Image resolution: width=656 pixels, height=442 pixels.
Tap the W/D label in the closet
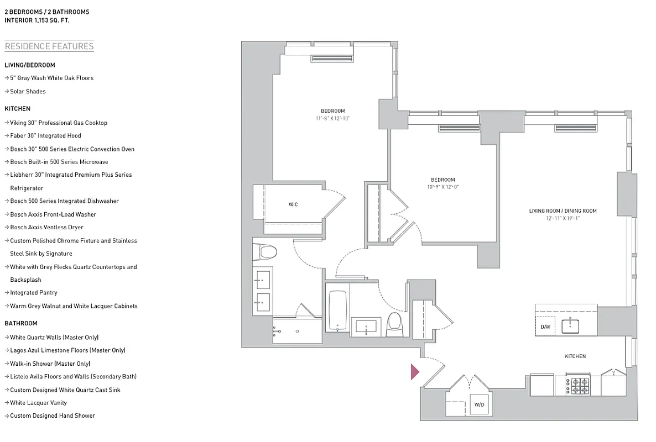click(479, 405)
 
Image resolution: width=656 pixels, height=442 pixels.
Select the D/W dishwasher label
click(545, 327)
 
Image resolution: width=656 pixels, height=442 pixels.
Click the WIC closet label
click(293, 204)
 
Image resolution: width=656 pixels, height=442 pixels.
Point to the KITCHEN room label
click(575, 356)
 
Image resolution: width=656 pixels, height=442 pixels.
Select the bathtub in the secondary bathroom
click(337, 311)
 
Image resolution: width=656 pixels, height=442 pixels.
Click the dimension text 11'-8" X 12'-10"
click(332, 119)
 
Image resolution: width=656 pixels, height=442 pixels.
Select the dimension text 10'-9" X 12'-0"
click(442, 187)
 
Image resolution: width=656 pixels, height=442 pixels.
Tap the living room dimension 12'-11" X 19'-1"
click(563, 219)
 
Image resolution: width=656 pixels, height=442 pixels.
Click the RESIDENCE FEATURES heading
click(49, 46)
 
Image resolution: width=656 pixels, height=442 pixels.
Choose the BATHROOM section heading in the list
click(21, 323)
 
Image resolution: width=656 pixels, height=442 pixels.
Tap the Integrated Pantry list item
click(33, 293)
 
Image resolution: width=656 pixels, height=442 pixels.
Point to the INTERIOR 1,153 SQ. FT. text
click(37, 20)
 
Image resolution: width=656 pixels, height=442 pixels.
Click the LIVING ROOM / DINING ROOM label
click(563, 211)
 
